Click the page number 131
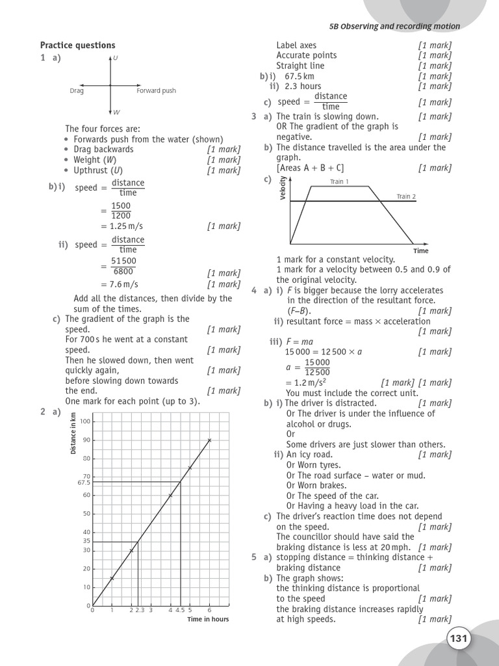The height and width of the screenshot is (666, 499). point(458,639)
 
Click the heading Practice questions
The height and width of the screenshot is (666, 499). point(77,45)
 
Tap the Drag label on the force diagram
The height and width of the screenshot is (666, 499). point(77,91)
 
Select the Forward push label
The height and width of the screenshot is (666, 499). point(156,91)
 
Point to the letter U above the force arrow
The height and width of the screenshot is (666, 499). point(116,59)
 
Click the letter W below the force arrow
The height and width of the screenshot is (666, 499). point(116,112)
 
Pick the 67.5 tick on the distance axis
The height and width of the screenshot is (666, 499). point(83,483)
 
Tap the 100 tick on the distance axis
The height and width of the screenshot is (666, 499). point(85,421)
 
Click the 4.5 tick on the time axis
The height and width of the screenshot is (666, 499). point(180,610)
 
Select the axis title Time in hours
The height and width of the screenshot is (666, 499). point(208,619)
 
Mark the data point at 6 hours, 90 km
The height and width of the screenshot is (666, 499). point(209,440)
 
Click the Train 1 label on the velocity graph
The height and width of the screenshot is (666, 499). point(339,181)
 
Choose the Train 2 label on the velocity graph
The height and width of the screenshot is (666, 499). point(406,196)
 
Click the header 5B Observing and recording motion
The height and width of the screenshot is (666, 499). point(395,27)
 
